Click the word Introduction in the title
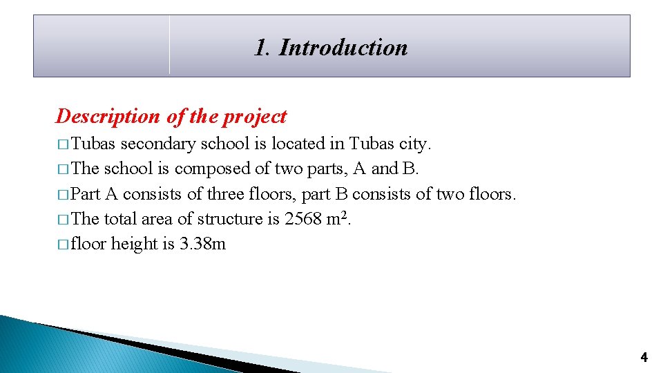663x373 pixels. [343, 48]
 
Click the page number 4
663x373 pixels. [644, 357]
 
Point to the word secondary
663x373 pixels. [158, 144]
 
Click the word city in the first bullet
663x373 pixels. [414, 144]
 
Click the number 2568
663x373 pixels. [303, 219]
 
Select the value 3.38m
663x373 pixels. [202, 244]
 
